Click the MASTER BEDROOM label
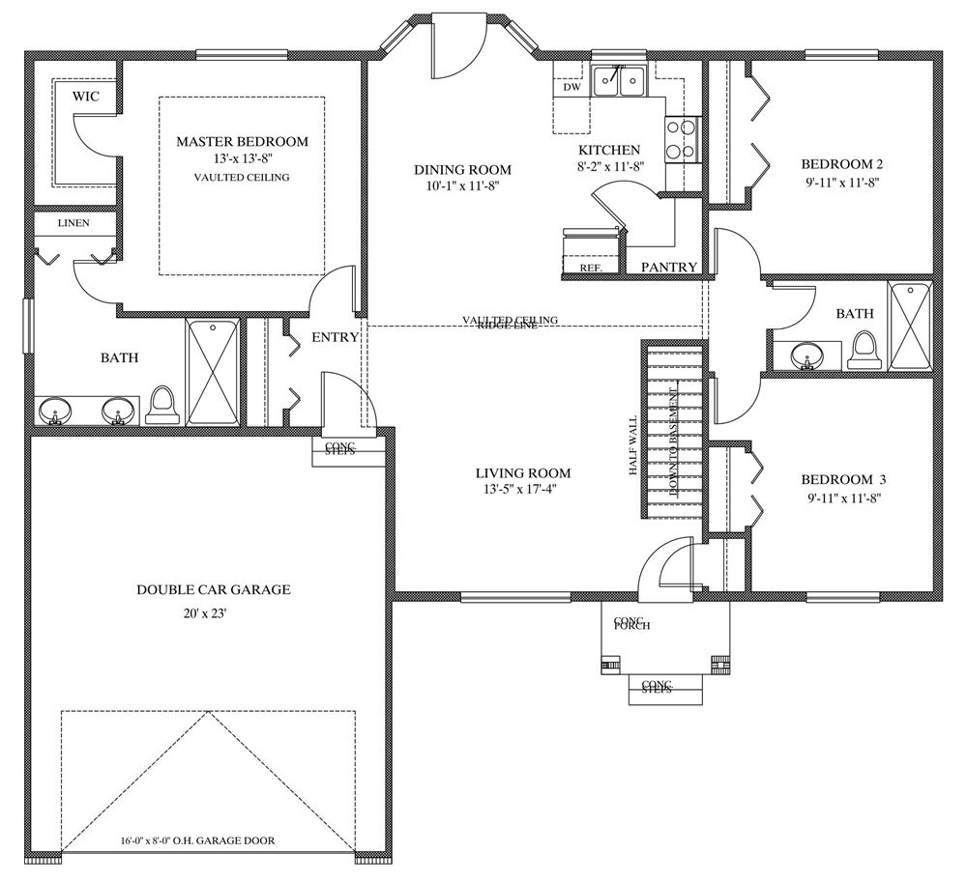(x=242, y=141)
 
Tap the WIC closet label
(x=87, y=96)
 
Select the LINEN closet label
(x=73, y=222)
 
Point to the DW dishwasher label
(x=571, y=87)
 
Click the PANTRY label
(x=669, y=267)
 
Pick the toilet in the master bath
(x=161, y=405)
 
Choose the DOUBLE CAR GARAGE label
(x=214, y=589)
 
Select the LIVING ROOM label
(x=523, y=473)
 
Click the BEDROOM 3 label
(x=843, y=479)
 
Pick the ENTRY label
(x=336, y=337)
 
